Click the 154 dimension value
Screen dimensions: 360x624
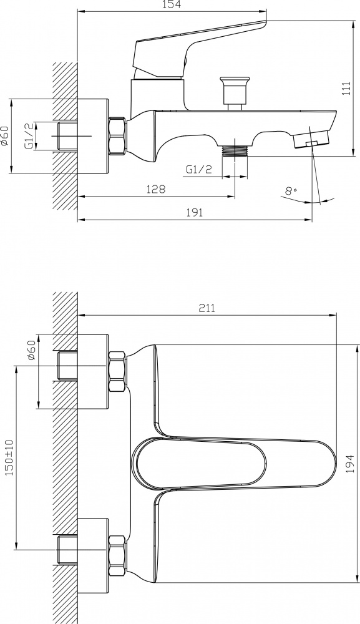[172, 5]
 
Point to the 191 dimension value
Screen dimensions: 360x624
[195, 212]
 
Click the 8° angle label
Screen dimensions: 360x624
[291, 190]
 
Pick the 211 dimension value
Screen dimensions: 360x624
[207, 308]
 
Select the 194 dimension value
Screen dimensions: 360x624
[350, 463]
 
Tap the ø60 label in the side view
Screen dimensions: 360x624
[4, 135]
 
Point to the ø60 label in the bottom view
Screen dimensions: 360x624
[32, 350]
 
